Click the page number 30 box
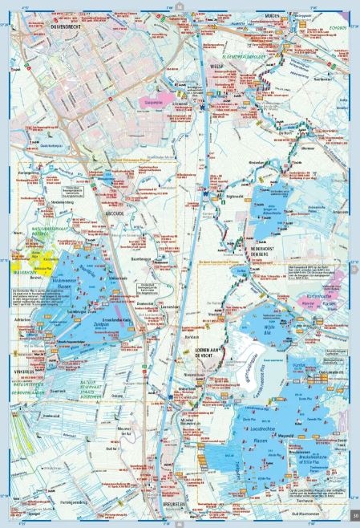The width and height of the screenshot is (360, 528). [353, 514]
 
